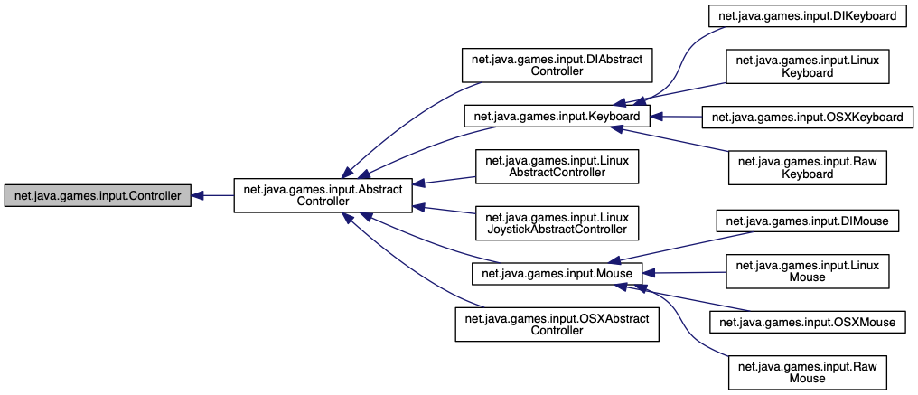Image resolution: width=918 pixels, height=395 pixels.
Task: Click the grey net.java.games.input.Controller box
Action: click(x=98, y=195)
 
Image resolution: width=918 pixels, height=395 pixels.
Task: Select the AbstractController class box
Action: click(x=323, y=194)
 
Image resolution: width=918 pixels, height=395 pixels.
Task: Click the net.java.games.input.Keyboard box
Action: click(x=557, y=117)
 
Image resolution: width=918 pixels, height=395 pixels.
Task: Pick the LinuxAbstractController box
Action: click(x=558, y=169)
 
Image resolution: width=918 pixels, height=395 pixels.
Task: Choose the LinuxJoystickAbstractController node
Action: click(x=558, y=223)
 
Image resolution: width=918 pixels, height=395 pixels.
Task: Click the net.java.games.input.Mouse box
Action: click(x=557, y=272)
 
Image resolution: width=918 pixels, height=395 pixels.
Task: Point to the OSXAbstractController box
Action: click(x=557, y=324)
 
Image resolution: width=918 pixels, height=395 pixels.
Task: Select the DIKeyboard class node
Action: click(x=806, y=15)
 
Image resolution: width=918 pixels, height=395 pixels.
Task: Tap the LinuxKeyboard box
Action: click(x=807, y=66)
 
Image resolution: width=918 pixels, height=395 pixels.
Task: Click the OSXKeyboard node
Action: click(x=806, y=118)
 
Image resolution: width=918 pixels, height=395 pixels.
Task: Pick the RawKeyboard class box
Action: click(x=807, y=167)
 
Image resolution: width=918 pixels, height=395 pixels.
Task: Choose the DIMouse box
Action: click(x=807, y=220)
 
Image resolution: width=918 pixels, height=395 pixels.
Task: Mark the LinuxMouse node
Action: click(x=807, y=270)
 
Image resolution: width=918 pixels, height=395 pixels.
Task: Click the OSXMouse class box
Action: click(x=807, y=321)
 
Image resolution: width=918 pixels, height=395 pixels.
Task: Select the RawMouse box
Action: click(x=807, y=371)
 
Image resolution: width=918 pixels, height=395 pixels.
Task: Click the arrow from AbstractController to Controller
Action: click(x=213, y=195)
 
